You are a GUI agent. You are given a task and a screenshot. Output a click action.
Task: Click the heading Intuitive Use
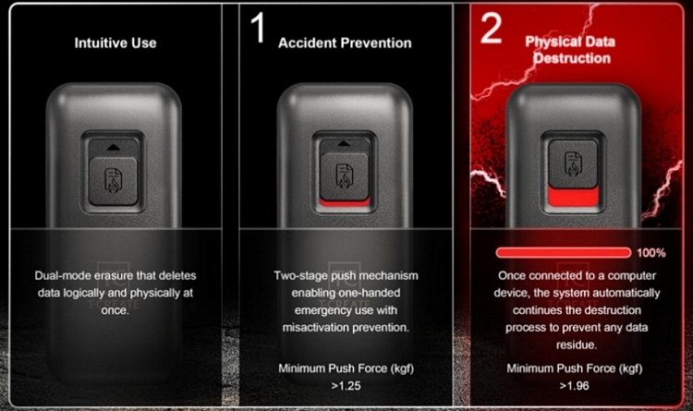click(x=115, y=42)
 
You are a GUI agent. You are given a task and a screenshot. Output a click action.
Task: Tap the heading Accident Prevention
click(x=345, y=42)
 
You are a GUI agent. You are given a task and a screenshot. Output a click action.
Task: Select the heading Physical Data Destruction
click(x=571, y=50)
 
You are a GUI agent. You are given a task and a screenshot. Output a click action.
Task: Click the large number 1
click(x=258, y=28)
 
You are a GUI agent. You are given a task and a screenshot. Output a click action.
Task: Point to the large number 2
click(x=491, y=28)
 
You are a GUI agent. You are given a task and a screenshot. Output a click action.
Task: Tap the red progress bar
click(x=564, y=253)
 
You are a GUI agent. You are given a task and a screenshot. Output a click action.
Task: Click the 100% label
click(x=651, y=253)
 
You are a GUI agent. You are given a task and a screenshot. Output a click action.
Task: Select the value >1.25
click(x=346, y=386)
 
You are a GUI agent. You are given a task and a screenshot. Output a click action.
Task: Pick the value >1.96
click(x=574, y=386)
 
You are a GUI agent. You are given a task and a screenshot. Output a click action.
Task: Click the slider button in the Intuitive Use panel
click(x=113, y=181)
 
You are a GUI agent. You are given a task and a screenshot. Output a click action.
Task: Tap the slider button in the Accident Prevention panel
click(x=345, y=175)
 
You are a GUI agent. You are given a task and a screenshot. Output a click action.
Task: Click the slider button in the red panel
click(x=573, y=163)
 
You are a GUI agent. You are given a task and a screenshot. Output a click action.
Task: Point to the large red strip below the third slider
click(x=573, y=196)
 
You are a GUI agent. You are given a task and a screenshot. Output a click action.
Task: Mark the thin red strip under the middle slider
click(x=345, y=202)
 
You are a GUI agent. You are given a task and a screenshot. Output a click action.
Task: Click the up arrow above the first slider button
click(x=113, y=147)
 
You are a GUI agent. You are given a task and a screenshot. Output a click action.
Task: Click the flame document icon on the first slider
click(x=113, y=180)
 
